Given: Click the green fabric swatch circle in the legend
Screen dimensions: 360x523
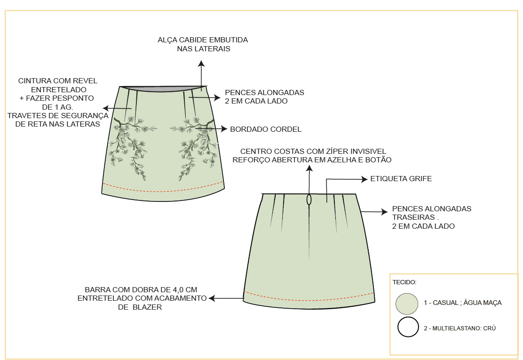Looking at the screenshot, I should point(407,304).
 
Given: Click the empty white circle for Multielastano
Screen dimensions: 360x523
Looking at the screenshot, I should point(408,327).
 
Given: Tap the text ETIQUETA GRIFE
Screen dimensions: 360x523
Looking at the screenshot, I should point(401,179).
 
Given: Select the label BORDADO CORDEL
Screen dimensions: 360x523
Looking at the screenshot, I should point(266,129).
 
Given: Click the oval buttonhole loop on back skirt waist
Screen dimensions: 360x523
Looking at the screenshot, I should point(309,200).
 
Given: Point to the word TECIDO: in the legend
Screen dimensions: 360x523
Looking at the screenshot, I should point(404,282).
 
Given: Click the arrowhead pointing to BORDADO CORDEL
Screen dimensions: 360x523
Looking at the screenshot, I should point(224,128).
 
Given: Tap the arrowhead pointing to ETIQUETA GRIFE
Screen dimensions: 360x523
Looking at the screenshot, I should point(365,179).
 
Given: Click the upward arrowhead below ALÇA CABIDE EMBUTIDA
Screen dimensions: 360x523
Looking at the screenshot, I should point(201,64).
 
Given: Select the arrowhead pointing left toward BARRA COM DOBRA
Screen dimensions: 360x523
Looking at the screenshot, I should point(212,298).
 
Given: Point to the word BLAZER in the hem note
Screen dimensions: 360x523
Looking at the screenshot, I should point(147,307).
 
